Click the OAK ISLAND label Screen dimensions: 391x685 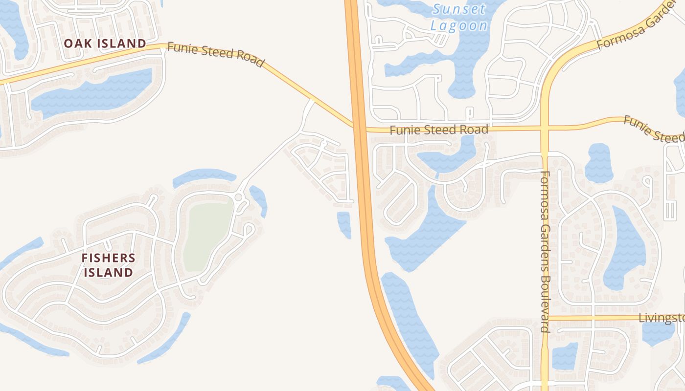[105, 43]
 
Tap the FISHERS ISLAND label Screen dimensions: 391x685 [108, 265]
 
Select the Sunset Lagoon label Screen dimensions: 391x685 [459, 18]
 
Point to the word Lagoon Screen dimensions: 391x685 [459, 26]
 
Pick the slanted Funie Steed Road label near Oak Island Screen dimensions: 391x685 [216, 54]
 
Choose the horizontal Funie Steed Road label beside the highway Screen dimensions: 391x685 [439, 130]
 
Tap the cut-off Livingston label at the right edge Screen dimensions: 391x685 [662, 318]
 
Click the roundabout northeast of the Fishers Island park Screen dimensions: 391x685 [239, 197]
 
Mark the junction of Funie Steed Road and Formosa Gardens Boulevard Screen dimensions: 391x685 [544, 129]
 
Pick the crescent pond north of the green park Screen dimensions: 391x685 [204, 176]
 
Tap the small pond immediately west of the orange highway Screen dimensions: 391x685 [344, 224]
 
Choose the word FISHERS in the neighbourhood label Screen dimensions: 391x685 [108, 258]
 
